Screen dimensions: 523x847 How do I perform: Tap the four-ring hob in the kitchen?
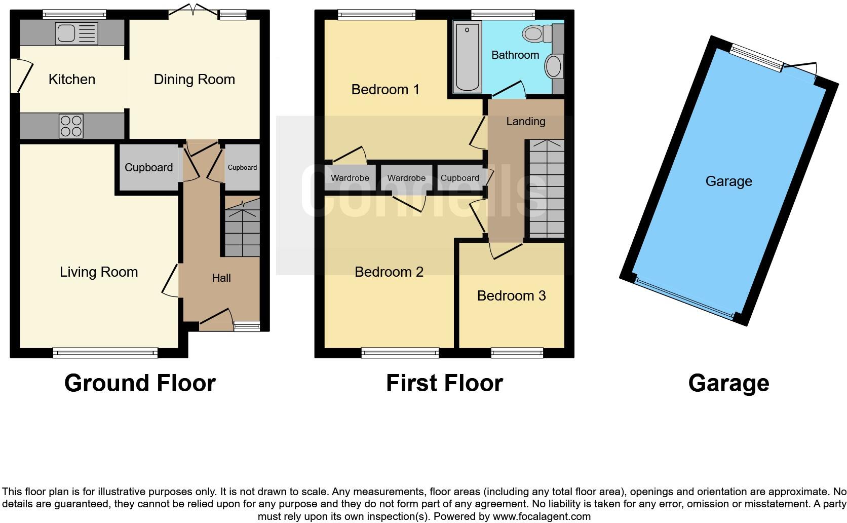coord(71,126)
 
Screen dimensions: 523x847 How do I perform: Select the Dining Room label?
coord(194,80)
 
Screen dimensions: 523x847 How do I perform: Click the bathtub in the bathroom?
coord(467,57)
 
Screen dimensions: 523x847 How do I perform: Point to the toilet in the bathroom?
coord(536,34)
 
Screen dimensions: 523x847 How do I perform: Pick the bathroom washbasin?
coord(554,67)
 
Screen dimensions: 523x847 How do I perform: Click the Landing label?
coord(525,122)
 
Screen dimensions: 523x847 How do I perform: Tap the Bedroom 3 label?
coord(511,296)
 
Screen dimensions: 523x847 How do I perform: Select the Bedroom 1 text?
coord(385,90)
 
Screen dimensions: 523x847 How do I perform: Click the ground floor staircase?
coord(242,228)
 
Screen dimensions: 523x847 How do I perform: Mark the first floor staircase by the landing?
coord(547,189)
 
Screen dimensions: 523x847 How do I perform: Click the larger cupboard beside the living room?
coord(148,168)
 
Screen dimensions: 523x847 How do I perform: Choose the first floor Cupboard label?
coord(459,178)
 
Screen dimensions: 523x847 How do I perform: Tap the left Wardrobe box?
coord(350,178)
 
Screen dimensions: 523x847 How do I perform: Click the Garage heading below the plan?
coord(728,383)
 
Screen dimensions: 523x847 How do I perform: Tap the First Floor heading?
coord(444,383)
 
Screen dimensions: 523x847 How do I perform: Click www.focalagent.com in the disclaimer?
coord(541,517)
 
